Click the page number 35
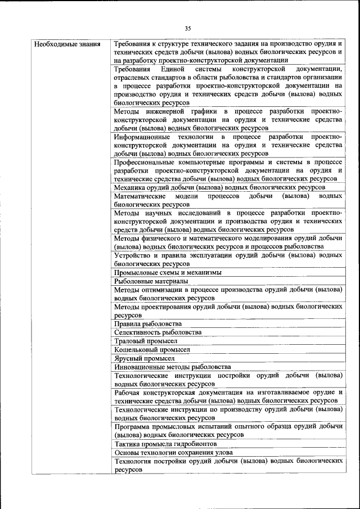[x=188, y=29]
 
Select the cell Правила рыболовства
[x=148, y=324]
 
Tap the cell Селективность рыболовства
[x=157, y=332]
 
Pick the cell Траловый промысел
[x=146, y=341]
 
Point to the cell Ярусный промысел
[x=145, y=358]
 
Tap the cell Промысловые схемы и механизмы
[x=168, y=272]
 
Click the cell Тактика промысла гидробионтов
[x=165, y=444]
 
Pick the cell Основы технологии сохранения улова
[x=174, y=452]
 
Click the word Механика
[x=130, y=187]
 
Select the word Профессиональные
[x=146, y=162]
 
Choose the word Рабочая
[x=127, y=392]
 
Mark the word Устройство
[x=133, y=255]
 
